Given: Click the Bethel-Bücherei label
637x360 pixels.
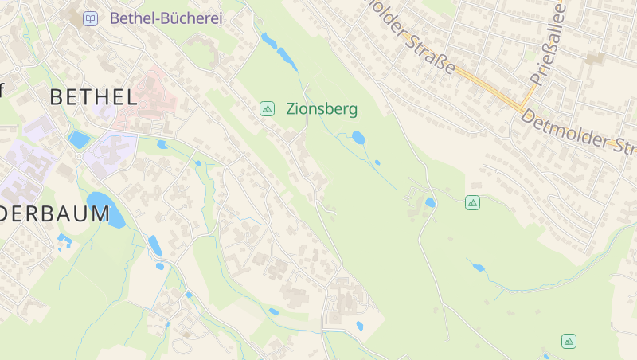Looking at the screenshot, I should (166, 18).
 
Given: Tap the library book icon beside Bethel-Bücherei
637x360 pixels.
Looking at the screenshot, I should (91, 18).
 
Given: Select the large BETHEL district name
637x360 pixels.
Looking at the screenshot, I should (93, 97).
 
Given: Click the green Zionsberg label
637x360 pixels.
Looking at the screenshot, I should (322, 109).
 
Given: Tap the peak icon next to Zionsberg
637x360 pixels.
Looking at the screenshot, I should (268, 108).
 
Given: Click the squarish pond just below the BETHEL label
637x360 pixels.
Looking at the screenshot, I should (80, 139).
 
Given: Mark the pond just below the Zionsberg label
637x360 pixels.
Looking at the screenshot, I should (358, 137).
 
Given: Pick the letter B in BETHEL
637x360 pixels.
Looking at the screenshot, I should (57, 97).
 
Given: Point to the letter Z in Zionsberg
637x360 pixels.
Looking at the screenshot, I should (291, 109).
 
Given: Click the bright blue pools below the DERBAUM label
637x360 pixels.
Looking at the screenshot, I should (64, 239).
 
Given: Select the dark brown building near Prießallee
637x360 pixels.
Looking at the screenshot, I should (594, 57).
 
